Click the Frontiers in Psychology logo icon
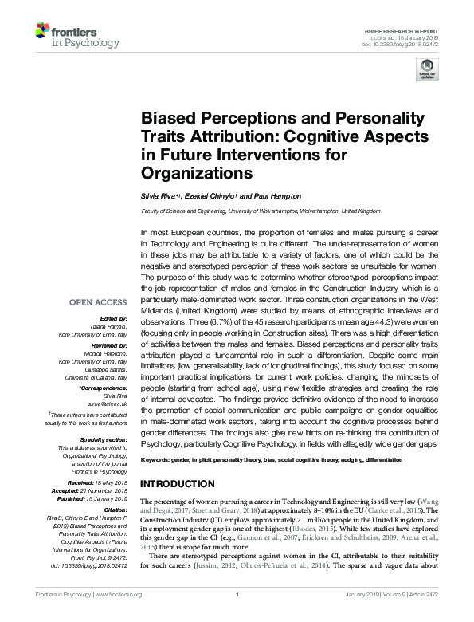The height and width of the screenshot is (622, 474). coord(42,33)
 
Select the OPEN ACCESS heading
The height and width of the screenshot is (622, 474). coord(98,302)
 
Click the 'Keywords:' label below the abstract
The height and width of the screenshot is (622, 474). coord(155,462)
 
